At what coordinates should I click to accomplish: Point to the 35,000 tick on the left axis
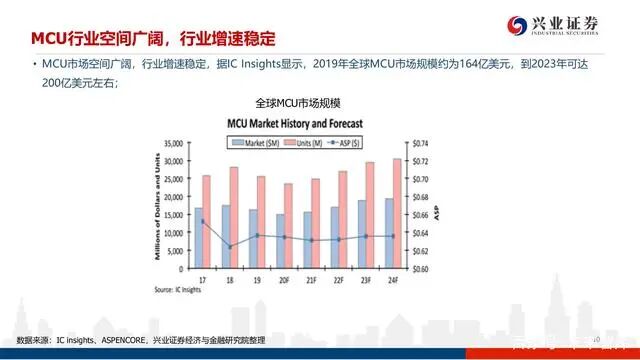pyautogui.click(x=172, y=143)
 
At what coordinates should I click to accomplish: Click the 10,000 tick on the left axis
pyautogui.click(x=172, y=233)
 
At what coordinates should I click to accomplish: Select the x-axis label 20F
pyautogui.click(x=285, y=279)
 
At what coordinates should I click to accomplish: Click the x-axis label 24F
pyautogui.click(x=393, y=279)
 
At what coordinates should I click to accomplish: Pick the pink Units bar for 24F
pyautogui.click(x=397, y=213)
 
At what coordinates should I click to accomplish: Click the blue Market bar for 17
pyautogui.click(x=198, y=238)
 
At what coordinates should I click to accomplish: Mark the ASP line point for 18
pyautogui.click(x=230, y=246)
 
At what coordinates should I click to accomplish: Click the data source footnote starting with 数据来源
pyautogui.click(x=139, y=342)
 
